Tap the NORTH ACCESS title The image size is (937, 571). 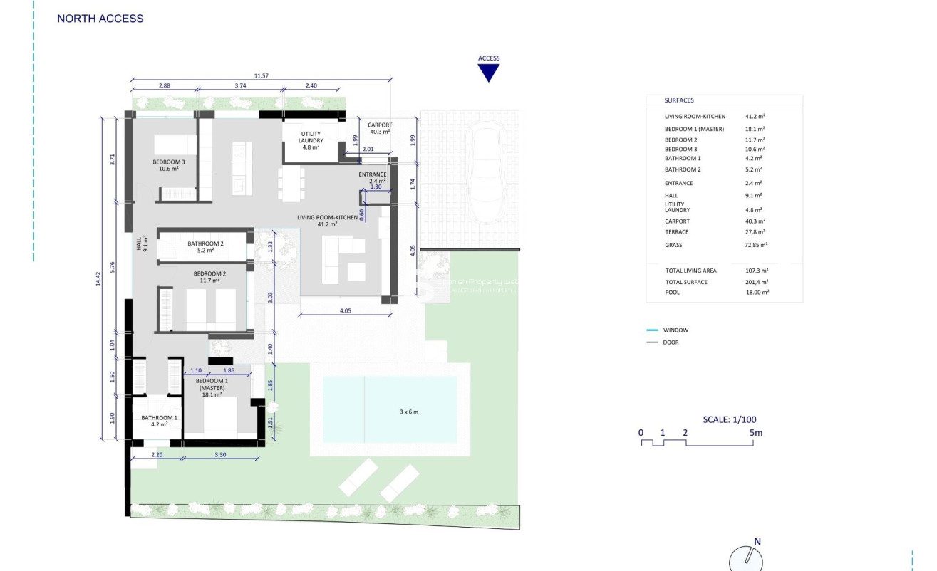[x=100, y=19]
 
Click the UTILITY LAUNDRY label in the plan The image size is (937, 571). [x=311, y=137]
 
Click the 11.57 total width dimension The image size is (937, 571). [x=261, y=75]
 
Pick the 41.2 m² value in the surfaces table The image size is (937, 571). [x=755, y=116]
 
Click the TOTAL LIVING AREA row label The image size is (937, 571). [x=690, y=271]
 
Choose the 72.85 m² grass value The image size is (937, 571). [x=758, y=245]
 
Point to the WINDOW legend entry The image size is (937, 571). [x=675, y=330]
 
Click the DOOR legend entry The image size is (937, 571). [x=671, y=342]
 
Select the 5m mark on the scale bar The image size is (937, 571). [x=756, y=432]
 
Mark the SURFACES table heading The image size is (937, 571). [x=679, y=100]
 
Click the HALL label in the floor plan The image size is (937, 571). [x=142, y=244]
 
